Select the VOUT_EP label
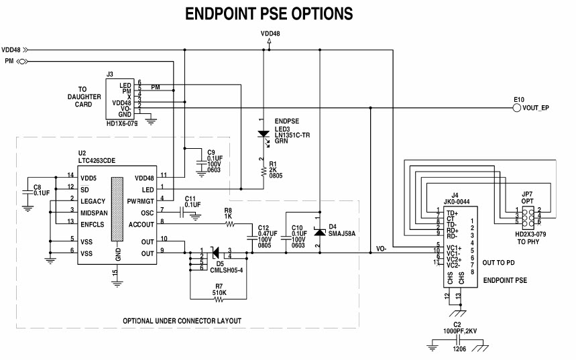(536, 108)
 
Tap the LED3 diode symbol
(262, 135)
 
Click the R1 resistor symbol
(262, 172)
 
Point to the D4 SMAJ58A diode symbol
(320, 232)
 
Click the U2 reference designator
(82, 154)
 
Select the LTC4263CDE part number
(101, 161)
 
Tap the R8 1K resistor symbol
(229, 223)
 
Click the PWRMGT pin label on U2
(142, 201)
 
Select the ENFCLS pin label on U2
(95, 224)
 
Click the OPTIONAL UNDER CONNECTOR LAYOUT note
(182, 320)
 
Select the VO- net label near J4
(381, 248)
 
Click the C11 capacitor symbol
(182, 213)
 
